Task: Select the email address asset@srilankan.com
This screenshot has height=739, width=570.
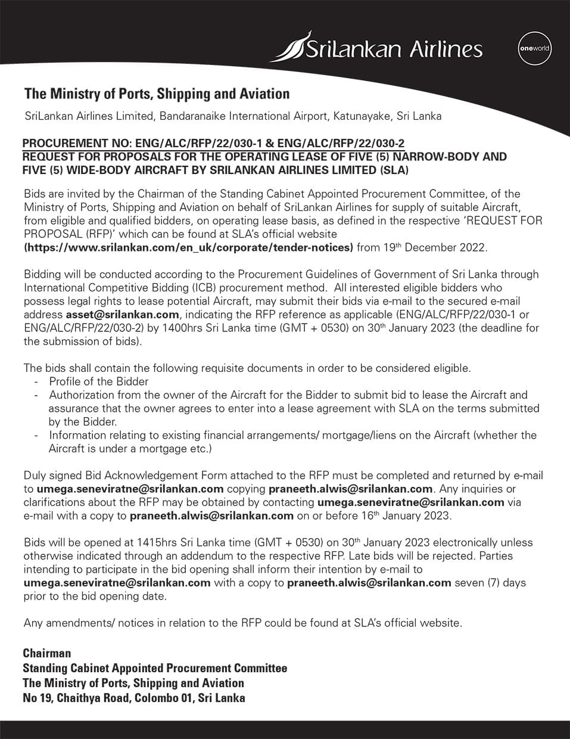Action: point(122,315)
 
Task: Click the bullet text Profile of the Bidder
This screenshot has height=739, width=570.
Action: point(99,381)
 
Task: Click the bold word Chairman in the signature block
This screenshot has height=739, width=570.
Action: point(47,653)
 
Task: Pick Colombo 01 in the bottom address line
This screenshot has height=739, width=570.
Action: point(164,698)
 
